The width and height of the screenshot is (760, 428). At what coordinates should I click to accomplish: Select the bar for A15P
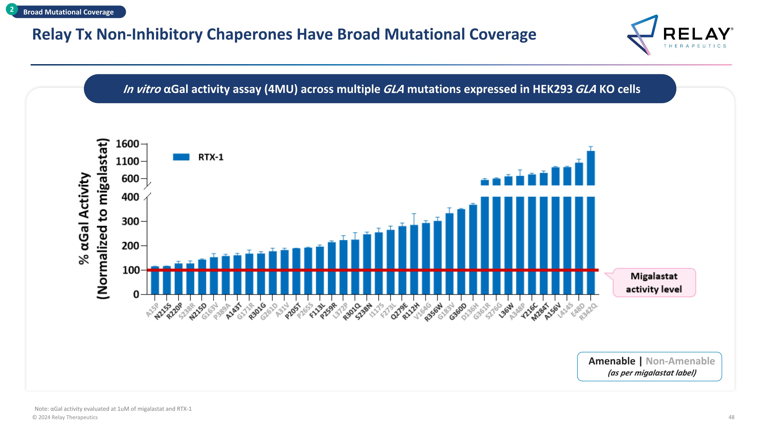point(155,281)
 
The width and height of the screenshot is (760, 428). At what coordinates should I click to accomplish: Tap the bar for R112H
point(414,260)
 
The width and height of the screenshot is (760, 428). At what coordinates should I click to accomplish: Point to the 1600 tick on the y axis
point(127,144)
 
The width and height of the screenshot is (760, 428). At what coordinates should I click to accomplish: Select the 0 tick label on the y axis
point(136,294)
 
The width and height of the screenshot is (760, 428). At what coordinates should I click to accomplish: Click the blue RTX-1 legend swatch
point(181,157)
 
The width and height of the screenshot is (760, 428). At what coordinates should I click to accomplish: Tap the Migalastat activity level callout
point(654,282)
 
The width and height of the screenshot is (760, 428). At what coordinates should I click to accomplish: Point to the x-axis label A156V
point(552,311)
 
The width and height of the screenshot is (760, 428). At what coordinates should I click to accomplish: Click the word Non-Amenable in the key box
point(680,361)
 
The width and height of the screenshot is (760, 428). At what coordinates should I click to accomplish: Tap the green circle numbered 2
point(11,9)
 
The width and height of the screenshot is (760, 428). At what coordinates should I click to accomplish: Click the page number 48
point(731,417)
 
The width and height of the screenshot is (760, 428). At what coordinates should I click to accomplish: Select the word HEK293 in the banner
point(552,89)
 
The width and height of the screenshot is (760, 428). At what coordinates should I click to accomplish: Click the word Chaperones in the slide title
point(249,34)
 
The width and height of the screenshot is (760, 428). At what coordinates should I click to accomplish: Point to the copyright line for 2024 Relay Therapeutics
point(65,417)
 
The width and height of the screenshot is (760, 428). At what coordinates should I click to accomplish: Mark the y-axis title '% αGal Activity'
point(84,219)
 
